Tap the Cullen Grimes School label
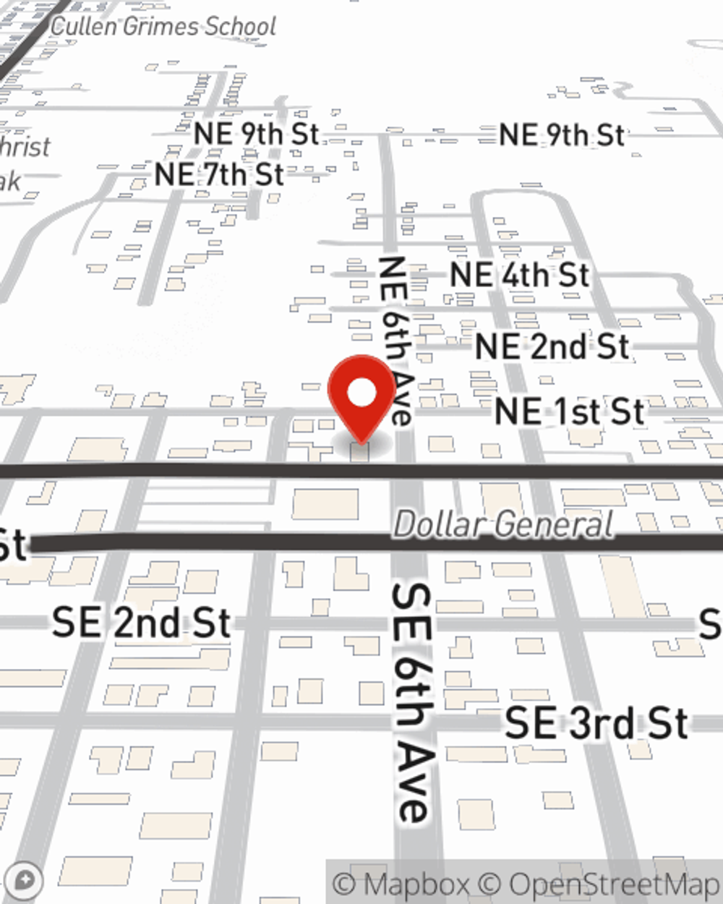point(163,27)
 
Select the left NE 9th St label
point(256,134)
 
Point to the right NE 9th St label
point(561,135)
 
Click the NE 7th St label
point(219,174)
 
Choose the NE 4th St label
point(519,275)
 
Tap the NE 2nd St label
point(552,346)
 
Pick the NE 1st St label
point(569,412)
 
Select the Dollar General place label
point(504,524)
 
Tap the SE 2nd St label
point(141,623)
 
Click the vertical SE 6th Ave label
point(413,702)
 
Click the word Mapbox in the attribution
point(416,884)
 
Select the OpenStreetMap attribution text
point(614,884)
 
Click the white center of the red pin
point(362,393)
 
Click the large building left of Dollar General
point(325,503)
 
